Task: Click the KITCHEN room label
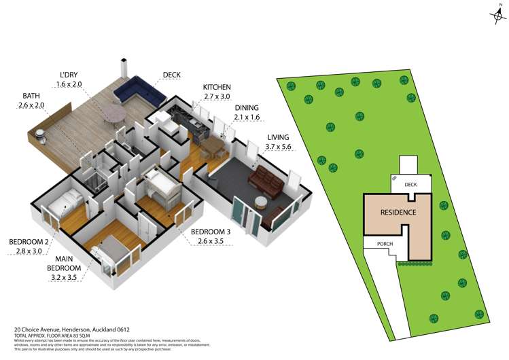[x=217, y=88]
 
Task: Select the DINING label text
[x=246, y=108]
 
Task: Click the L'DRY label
[x=69, y=75]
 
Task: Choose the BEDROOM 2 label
[x=29, y=241]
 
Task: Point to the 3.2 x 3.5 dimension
[x=66, y=277]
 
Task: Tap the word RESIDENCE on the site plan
[x=398, y=212]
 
